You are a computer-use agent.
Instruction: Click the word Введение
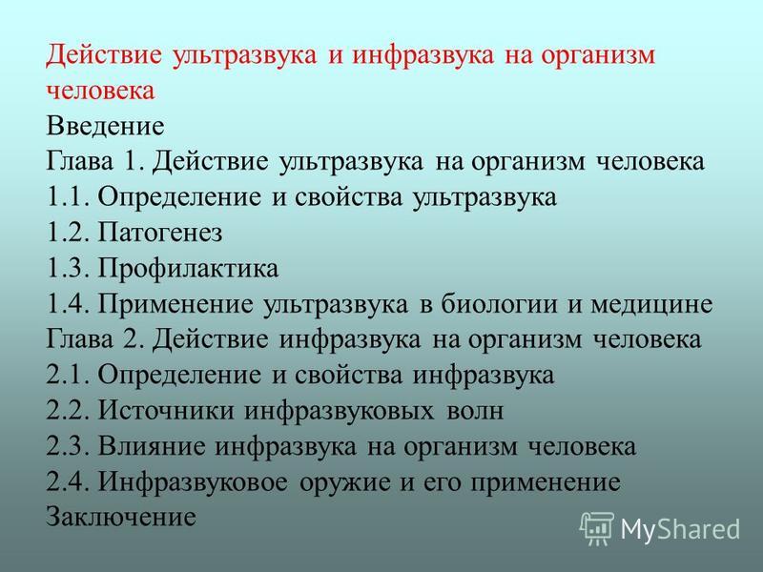105,126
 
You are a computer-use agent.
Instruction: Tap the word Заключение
121,517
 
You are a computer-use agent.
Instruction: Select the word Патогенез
160,233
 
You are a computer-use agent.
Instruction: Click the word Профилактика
188,269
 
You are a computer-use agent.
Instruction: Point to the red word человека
101,91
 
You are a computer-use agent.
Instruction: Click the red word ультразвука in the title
244,54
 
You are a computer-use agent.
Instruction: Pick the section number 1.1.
68,197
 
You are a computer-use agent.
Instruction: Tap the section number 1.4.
68,304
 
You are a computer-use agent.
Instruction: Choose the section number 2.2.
68,411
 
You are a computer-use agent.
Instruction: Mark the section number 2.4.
68,482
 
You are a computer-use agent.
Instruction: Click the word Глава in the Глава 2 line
79,339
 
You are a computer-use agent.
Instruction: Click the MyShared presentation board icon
597,528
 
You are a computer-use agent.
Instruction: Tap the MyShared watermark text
681,529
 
